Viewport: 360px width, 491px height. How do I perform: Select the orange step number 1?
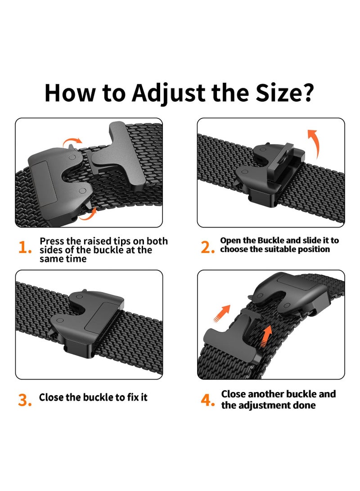tap(25, 248)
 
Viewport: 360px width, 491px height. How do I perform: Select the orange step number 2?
tap(207, 248)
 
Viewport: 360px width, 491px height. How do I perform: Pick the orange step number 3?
tap(25, 400)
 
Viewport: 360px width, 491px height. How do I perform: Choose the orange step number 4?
tap(207, 400)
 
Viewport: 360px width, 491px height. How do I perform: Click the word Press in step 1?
tap(52, 241)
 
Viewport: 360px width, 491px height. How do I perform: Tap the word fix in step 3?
tap(133, 397)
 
